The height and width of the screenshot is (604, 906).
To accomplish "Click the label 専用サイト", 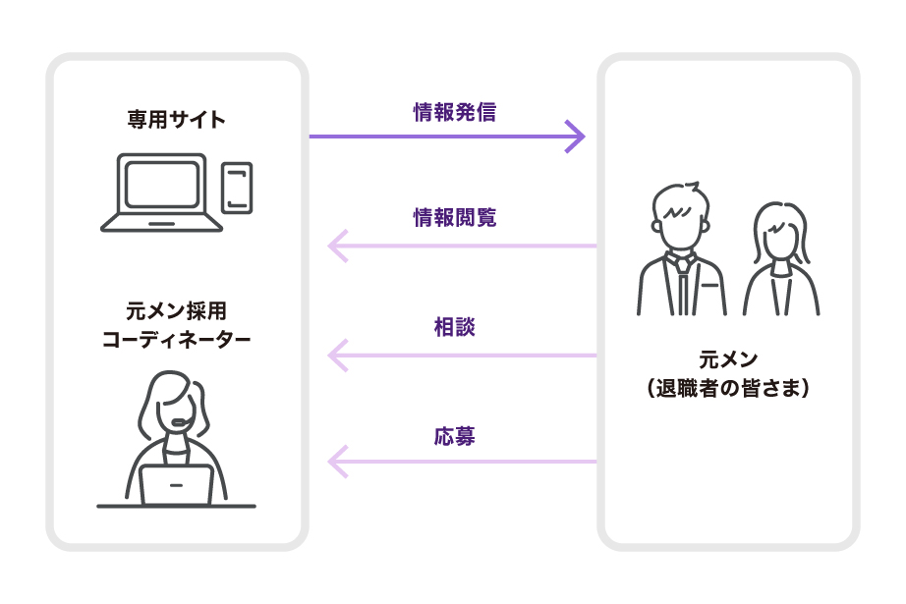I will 177,120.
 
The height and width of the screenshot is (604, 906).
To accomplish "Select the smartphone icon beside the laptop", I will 237,187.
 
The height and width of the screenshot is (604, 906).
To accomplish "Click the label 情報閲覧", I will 454,218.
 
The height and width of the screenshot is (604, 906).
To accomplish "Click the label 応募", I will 454,435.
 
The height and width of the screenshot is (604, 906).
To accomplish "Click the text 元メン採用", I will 177,311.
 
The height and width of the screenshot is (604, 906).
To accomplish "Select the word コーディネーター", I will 177,341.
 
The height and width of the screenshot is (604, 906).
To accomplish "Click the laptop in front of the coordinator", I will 176,484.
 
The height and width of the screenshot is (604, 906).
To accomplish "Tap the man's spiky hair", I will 680,201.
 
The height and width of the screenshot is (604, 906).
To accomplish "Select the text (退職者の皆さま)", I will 728,389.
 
